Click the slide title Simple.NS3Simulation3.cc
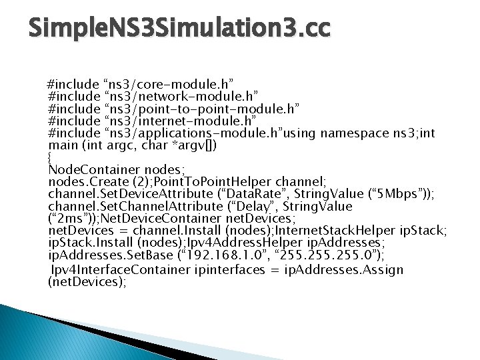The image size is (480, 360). tap(179, 29)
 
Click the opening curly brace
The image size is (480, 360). tap(51, 157)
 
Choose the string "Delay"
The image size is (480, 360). tap(247, 207)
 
